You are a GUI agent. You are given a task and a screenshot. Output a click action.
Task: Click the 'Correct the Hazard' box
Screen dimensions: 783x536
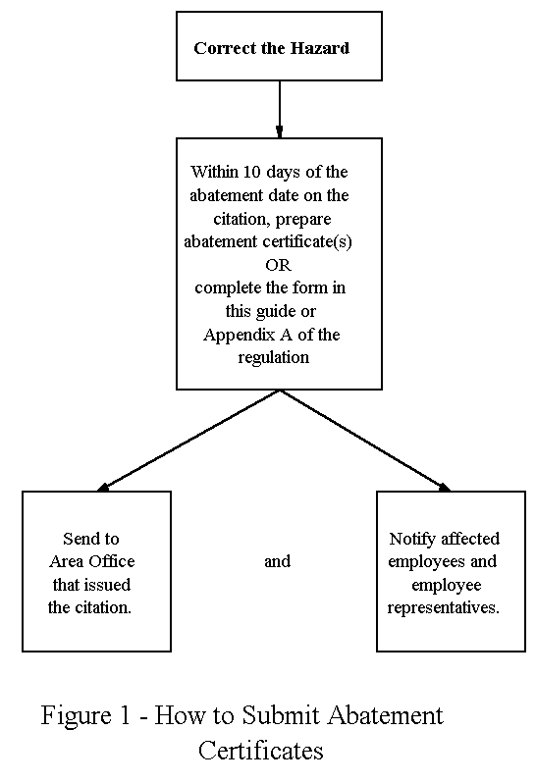tap(279, 46)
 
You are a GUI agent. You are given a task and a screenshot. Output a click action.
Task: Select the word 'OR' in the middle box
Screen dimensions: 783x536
tap(278, 265)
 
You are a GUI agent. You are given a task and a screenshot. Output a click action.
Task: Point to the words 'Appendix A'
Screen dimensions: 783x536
tap(243, 335)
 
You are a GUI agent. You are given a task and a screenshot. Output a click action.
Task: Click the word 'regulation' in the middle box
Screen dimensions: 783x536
tap(273, 357)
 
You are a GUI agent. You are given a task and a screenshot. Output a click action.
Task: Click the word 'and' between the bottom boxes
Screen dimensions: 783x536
tap(277, 561)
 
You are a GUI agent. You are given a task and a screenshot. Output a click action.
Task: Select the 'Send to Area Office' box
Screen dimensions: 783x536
tap(96, 570)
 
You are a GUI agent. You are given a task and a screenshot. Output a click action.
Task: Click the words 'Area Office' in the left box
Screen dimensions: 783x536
tap(92, 561)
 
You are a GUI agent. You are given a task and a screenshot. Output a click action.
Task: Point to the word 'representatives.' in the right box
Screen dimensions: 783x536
tap(444, 607)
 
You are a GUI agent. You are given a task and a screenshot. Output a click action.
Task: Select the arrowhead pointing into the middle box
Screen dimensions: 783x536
tap(280, 130)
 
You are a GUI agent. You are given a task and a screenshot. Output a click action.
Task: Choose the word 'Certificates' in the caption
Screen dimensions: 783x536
tap(260, 751)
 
